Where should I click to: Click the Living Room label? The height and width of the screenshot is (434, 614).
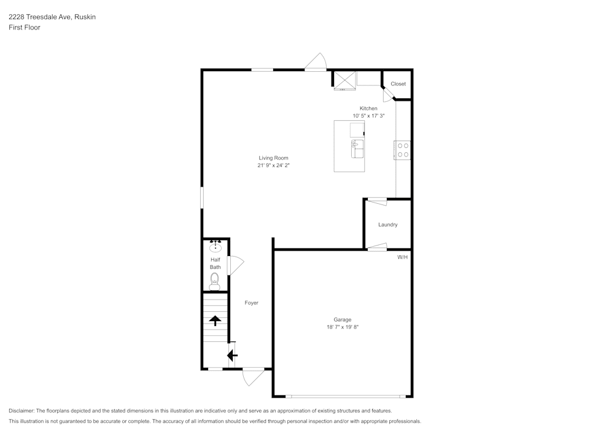[x=273, y=158]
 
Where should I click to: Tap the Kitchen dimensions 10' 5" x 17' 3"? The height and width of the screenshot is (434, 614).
[x=368, y=116]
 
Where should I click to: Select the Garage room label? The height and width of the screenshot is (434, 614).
[x=342, y=320]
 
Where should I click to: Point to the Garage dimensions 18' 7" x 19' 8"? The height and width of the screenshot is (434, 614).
[x=343, y=327]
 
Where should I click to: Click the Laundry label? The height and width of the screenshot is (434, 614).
[x=387, y=225]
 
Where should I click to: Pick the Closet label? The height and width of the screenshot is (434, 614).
[x=398, y=83]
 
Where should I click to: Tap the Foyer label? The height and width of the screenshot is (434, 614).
[x=251, y=303]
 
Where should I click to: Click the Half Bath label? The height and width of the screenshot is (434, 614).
[x=216, y=263]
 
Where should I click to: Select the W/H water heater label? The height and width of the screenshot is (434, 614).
[x=403, y=257]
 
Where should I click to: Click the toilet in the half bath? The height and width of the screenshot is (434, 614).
[x=214, y=282]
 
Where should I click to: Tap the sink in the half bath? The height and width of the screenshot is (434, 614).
[x=216, y=247]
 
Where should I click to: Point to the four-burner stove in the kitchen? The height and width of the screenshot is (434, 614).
[x=403, y=150]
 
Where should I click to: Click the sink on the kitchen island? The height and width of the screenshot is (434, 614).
[x=357, y=149]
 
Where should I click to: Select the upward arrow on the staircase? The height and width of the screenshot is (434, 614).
[x=215, y=320]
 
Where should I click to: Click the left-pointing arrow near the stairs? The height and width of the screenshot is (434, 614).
[x=232, y=355]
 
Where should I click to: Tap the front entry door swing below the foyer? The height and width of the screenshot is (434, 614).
[x=254, y=376]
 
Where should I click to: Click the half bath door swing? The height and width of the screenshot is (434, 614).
[x=236, y=265]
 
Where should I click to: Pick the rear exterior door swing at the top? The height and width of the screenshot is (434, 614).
[x=316, y=62]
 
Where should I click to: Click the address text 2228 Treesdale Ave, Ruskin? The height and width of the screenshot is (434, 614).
[x=52, y=17]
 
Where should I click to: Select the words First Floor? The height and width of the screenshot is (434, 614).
[x=25, y=28]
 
